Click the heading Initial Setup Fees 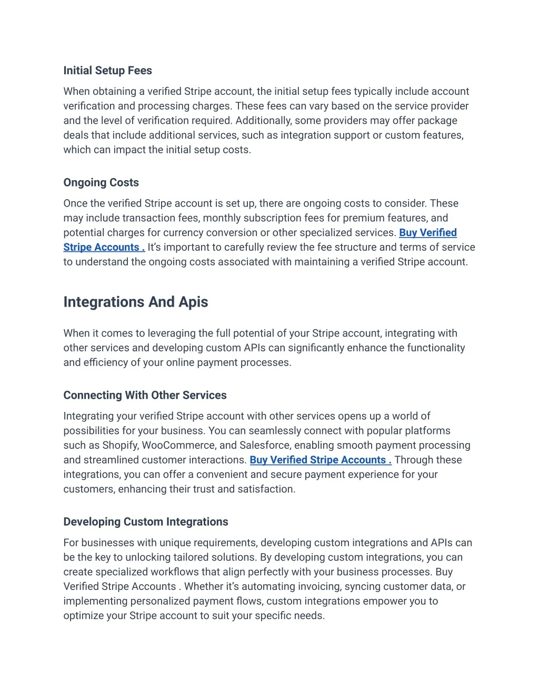(107, 71)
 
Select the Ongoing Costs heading (101, 183)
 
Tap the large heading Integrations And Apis (136, 302)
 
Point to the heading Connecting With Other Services (145, 396)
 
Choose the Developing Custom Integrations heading (146, 522)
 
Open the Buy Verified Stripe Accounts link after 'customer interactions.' (320, 460)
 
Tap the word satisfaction (267, 489)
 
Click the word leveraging (172, 333)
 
